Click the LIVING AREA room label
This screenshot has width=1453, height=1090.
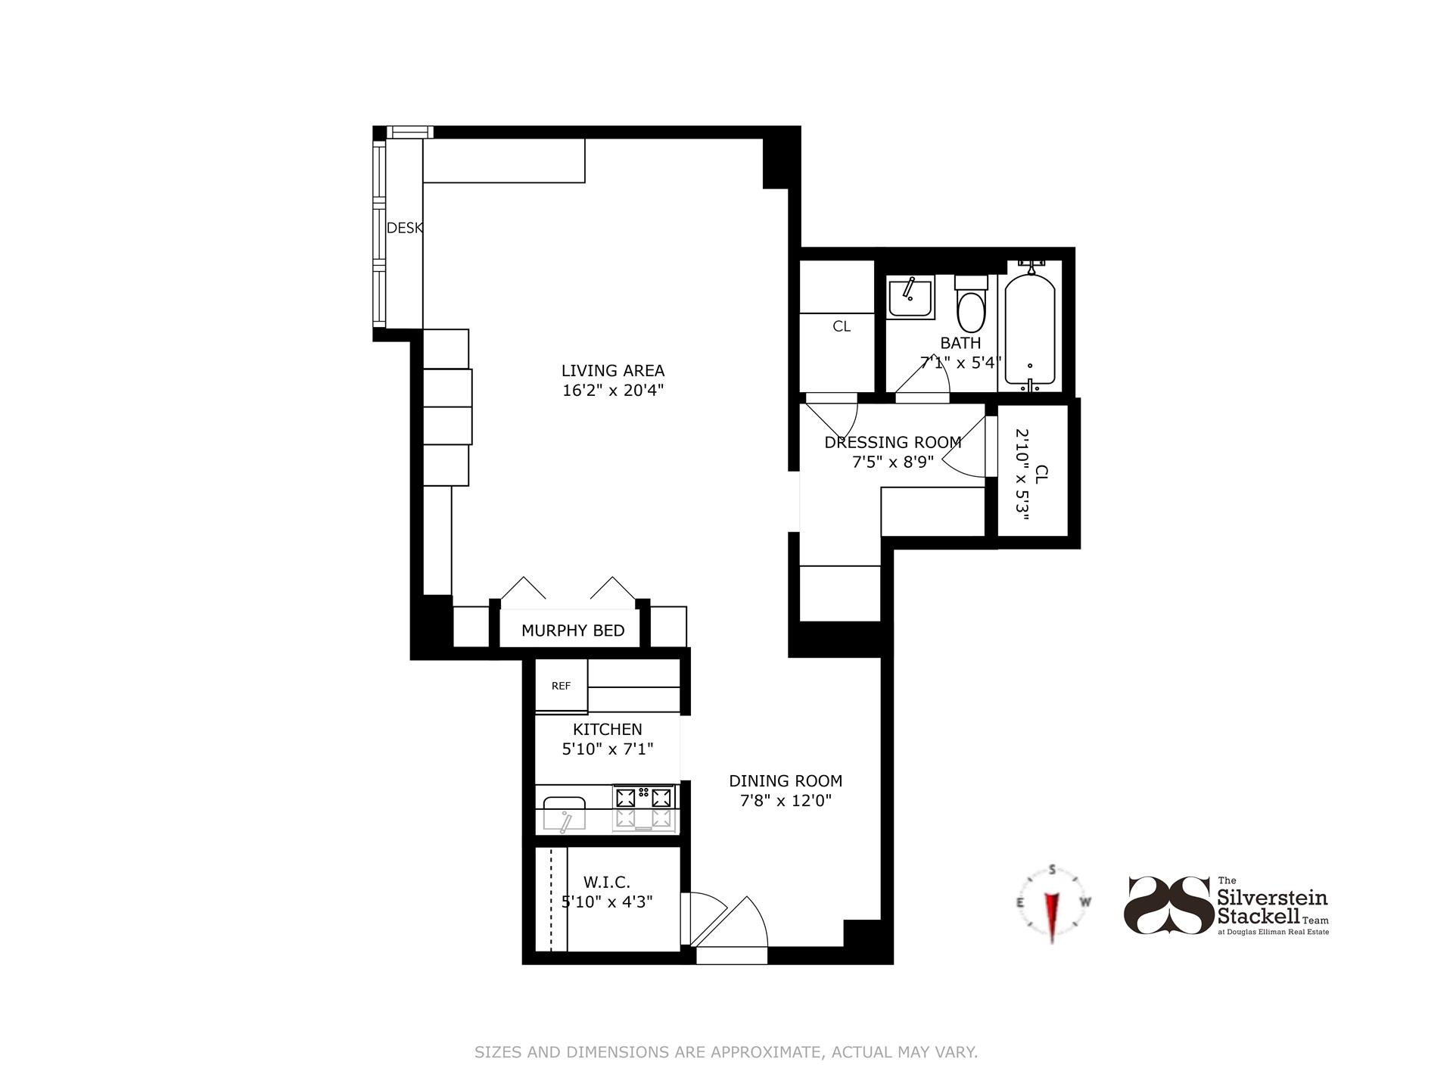click(x=612, y=371)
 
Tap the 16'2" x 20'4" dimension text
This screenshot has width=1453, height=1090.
click(x=612, y=391)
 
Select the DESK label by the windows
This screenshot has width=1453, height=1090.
click(x=404, y=228)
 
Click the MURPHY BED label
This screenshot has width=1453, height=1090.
click(x=573, y=631)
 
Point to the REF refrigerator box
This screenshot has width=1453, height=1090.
click(x=562, y=686)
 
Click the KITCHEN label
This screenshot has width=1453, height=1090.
click(x=607, y=729)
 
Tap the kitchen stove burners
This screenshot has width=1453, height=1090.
click(x=644, y=808)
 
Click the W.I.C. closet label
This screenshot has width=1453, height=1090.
click(x=606, y=883)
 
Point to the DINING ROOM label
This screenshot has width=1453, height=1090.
click(x=786, y=780)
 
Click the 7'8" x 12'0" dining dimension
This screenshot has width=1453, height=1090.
click(x=786, y=801)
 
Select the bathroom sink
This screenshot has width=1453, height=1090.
click(x=910, y=297)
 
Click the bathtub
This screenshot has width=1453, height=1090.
click(x=1029, y=329)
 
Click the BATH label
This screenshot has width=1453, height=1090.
click(x=960, y=343)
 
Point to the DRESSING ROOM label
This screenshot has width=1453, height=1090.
click(x=892, y=442)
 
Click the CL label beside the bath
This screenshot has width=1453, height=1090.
click(x=842, y=326)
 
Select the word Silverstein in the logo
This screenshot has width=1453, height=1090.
click(x=1271, y=898)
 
